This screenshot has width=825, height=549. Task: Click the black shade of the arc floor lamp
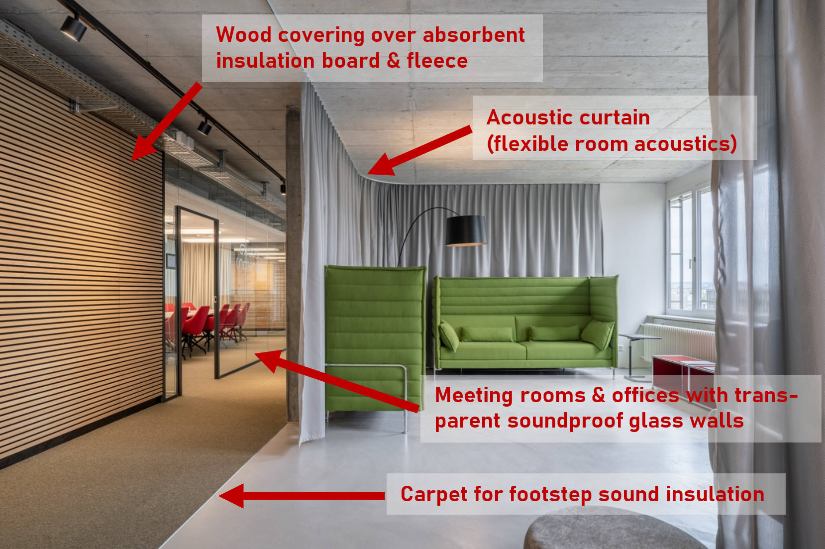(466, 230)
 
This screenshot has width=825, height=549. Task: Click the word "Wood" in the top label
(244, 35)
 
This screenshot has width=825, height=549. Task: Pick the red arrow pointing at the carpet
(302, 496)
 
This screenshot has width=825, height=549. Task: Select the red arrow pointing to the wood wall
(167, 121)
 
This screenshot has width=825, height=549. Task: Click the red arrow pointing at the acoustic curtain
(419, 150)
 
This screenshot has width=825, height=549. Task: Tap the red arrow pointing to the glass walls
(337, 381)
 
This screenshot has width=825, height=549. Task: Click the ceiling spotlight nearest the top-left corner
(74, 28)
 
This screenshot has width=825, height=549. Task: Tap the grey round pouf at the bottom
(612, 529)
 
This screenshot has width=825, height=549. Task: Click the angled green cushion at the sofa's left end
(449, 335)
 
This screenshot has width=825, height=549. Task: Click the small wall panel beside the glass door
(171, 261)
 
